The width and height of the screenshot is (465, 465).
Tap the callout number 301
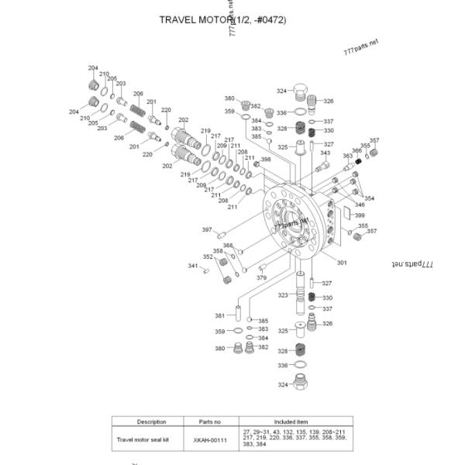[342, 263]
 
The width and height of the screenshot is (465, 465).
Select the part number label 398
[266, 160]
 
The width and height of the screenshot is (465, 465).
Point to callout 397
[207, 229]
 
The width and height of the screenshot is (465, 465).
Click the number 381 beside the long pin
[219, 315]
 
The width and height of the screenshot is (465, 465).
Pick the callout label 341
[193, 265]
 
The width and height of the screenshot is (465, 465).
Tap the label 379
[262, 277]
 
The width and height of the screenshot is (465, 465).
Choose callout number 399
[360, 215]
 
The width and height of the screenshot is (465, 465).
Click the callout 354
[369, 198]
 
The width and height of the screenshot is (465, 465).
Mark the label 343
[325, 153]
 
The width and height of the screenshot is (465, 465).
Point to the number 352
[208, 257]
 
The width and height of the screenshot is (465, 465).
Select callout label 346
[360, 205]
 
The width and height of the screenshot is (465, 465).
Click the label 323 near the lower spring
[283, 295]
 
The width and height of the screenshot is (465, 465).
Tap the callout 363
[347, 156]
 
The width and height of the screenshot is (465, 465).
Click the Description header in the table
[152, 422]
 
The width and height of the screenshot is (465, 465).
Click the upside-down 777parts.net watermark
[412, 263]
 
